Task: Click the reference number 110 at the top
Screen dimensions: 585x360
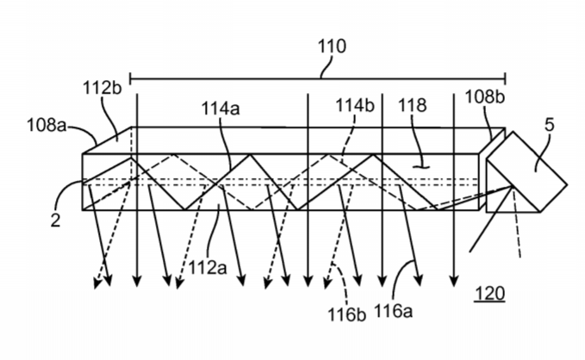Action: click(332, 47)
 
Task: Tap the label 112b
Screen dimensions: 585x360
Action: click(102, 89)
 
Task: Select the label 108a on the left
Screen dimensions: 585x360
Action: click(47, 125)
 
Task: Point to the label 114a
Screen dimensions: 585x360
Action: click(221, 109)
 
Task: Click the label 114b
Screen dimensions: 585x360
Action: click(355, 105)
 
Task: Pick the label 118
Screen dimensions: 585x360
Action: click(413, 105)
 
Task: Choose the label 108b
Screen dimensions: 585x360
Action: click(485, 96)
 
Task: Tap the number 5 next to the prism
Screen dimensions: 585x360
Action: click(549, 125)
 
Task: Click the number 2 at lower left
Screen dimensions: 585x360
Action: click(55, 220)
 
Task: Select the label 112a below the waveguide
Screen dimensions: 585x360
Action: click(208, 268)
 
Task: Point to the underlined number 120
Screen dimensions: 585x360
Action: click(489, 293)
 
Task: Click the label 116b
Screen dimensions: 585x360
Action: click(346, 314)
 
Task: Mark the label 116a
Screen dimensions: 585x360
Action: click(393, 310)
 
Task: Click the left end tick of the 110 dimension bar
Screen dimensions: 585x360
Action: click(130, 78)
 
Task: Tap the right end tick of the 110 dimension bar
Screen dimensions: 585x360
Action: click(505, 78)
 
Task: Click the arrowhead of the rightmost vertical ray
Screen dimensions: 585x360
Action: click(454, 282)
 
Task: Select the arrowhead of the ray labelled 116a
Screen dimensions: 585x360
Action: click(420, 281)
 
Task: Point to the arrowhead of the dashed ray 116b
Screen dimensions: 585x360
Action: click(327, 283)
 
